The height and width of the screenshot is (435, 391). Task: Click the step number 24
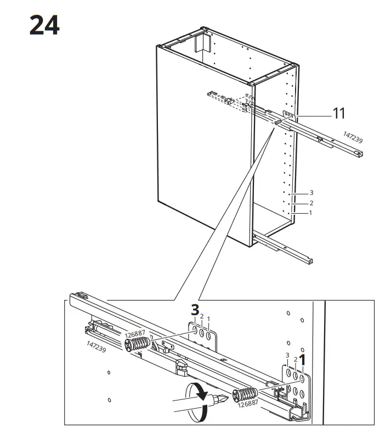[44, 25]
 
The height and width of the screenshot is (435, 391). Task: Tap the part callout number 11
[339, 113]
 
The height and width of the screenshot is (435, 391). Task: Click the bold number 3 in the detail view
[195, 310]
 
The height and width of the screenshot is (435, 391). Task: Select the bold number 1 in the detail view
[302, 360]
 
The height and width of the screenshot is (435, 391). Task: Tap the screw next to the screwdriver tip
[245, 394]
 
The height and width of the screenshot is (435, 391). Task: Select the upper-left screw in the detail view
[137, 345]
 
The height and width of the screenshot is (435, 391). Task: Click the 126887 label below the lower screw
[248, 403]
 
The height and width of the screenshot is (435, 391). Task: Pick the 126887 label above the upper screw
[135, 334]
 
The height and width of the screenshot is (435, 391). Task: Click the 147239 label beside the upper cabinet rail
[353, 137]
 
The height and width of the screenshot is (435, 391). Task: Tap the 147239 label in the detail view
[96, 347]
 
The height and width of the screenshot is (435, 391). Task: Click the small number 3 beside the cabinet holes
[311, 193]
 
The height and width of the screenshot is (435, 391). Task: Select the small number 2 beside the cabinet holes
[311, 203]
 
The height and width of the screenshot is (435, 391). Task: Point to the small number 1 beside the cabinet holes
[310, 213]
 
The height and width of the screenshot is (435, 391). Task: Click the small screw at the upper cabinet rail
[278, 122]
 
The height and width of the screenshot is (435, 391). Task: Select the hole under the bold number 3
[195, 330]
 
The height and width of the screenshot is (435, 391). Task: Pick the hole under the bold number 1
[302, 378]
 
